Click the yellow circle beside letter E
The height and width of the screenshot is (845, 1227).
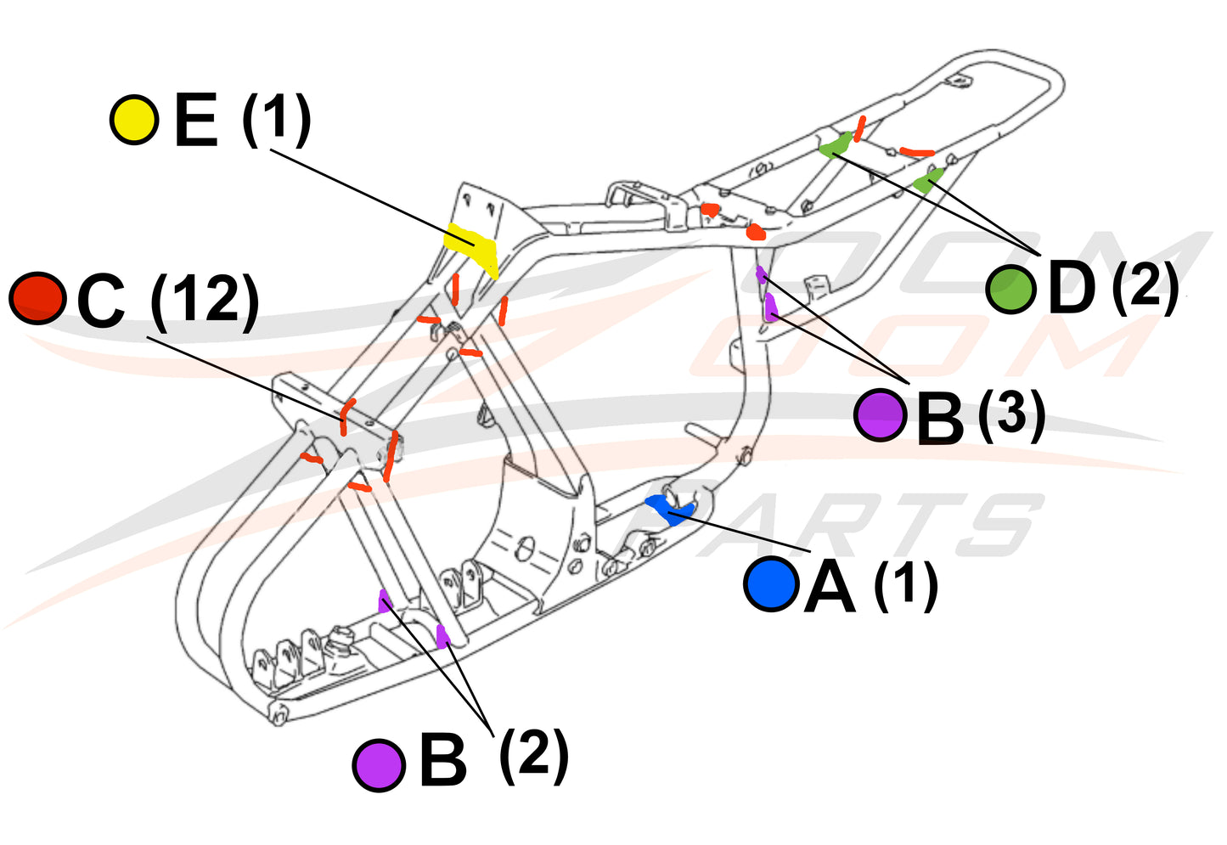click(134, 120)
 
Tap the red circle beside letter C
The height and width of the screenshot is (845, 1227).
click(37, 298)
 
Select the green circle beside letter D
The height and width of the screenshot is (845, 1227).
click(1010, 289)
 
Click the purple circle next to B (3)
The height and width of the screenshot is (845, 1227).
click(881, 414)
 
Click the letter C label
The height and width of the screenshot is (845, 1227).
click(100, 301)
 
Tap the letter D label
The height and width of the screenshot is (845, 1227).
click(1072, 289)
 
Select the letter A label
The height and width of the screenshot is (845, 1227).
click(830, 586)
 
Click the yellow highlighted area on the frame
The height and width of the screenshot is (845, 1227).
click(472, 245)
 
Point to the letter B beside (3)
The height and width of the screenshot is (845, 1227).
click(940, 418)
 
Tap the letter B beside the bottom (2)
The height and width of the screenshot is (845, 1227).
click(442, 762)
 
